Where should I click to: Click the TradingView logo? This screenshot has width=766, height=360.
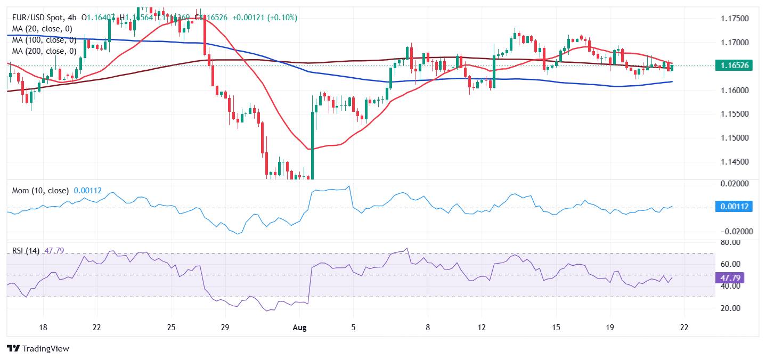(x=38, y=349)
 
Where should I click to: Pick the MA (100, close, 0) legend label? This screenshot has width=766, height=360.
(x=44, y=40)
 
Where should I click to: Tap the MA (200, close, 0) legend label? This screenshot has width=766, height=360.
(x=44, y=51)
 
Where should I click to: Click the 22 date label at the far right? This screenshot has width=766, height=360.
(x=684, y=327)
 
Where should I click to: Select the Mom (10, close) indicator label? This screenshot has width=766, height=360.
(x=40, y=190)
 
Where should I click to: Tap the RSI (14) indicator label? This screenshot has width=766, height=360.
(x=26, y=250)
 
